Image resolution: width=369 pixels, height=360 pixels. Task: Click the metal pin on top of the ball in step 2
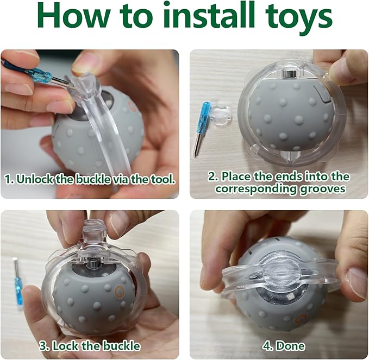292,75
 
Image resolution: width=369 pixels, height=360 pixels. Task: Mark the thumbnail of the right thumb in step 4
357,282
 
